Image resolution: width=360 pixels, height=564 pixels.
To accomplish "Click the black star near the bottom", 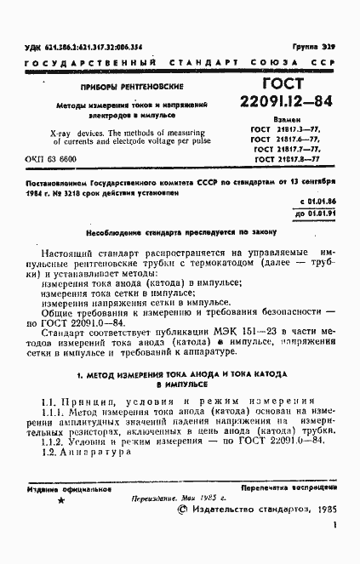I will (x=60, y=502).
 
